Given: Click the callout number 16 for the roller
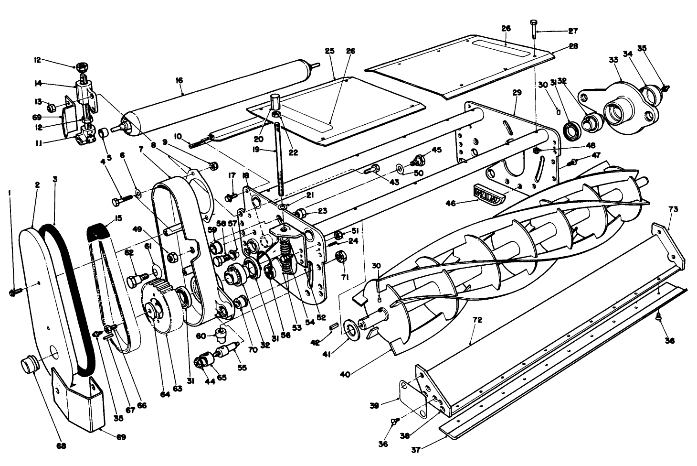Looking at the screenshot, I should (179, 80).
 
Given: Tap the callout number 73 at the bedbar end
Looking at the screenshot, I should (673, 209).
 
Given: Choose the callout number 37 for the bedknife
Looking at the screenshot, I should (417, 450).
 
